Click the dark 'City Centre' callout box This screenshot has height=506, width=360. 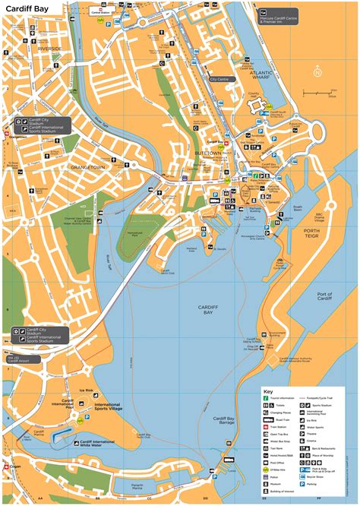coord(221,78)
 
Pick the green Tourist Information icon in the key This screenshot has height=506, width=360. coord(266,397)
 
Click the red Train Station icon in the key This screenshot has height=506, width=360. coord(266,425)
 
